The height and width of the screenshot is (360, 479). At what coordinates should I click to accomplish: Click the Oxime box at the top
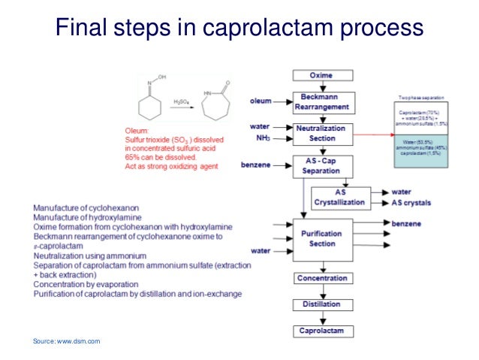point(321,75)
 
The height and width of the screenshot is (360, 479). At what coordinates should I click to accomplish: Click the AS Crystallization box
point(340,196)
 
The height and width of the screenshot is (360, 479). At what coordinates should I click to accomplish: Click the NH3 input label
point(262,138)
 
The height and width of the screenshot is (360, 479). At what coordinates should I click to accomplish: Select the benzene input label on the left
point(257,163)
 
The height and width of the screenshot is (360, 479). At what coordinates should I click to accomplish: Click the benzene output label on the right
point(406,223)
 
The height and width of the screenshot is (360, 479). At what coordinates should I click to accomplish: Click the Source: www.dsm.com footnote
point(66,342)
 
